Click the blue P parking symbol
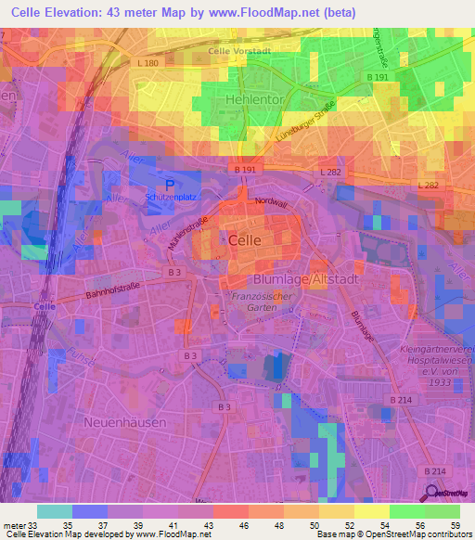coord(169,184)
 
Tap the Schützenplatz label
coord(172,199)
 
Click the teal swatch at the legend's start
coord(54,510)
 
